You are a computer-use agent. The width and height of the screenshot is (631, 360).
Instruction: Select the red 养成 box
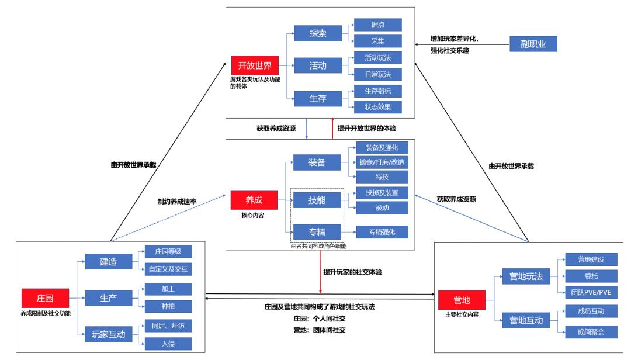254,199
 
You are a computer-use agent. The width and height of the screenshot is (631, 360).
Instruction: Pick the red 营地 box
462,300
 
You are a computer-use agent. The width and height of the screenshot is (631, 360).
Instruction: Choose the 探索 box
318,33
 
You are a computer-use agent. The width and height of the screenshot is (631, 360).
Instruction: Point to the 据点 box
378,25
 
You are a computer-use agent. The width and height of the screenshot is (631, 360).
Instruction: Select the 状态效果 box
378,106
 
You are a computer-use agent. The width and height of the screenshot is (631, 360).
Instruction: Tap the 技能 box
317,200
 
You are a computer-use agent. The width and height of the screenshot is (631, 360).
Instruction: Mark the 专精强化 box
382,231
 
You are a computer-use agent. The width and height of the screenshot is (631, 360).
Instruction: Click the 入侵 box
168,343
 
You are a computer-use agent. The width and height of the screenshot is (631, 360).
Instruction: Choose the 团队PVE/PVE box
588,291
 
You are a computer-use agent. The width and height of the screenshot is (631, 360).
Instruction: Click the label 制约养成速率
176,200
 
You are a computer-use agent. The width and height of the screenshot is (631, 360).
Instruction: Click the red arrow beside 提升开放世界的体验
332,129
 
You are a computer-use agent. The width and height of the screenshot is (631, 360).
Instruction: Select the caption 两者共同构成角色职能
318,246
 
